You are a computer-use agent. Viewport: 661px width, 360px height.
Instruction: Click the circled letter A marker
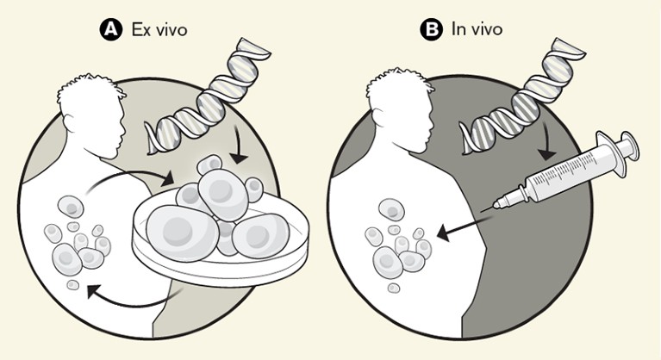pyautogui.click(x=110, y=29)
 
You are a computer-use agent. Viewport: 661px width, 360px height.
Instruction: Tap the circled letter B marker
pyautogui.click(x=429, y=29)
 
